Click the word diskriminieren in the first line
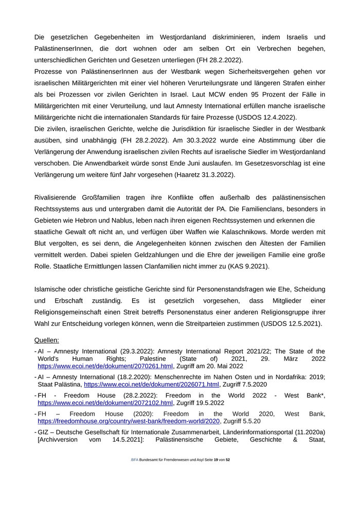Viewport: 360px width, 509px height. (x=231, y=38)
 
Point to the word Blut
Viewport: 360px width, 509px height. (x=41, y=243)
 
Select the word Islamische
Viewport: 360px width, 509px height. (x=52, y=289)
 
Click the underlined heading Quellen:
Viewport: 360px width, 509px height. (x=47, y=340)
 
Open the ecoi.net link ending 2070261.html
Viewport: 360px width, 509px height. (x=105, y=366)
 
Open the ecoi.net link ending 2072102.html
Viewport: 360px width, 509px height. (x=105, y=403)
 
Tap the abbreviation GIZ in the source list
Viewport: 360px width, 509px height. (x=43, y=432)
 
